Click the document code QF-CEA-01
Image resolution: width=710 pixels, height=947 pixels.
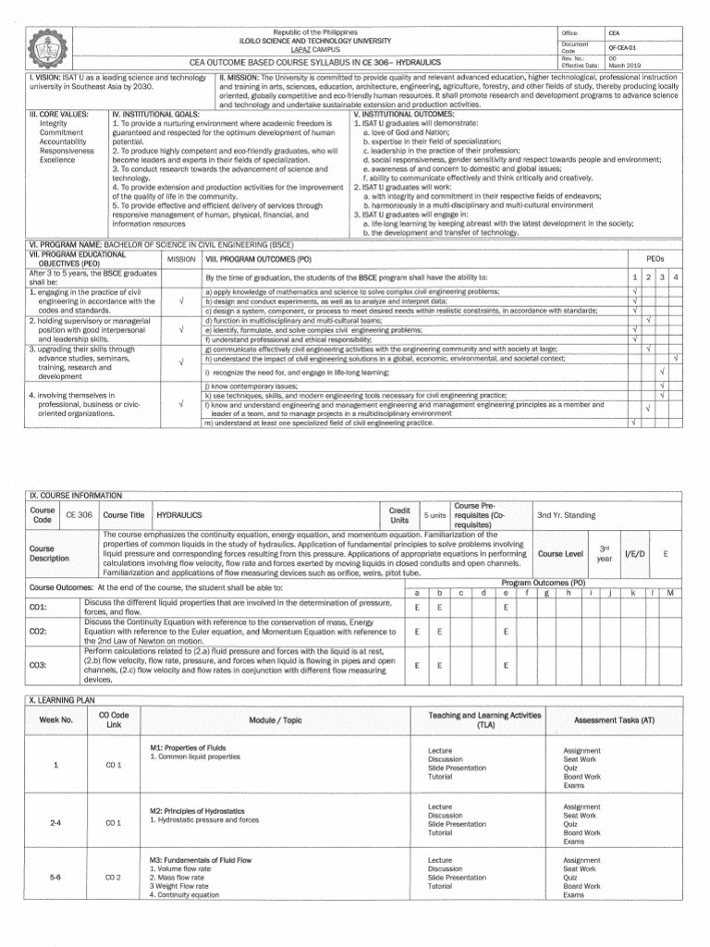pos(621,46)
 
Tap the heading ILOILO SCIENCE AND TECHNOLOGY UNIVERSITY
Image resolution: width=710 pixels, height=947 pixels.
pos(315,41)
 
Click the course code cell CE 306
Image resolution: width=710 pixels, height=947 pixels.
pos(79,515)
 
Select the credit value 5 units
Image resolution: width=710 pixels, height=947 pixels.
pos(434,515)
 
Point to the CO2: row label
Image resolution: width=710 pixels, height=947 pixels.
pos(39,632)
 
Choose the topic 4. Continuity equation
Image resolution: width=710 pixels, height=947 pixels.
pos(184,895)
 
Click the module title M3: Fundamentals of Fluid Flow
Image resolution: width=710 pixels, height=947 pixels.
pos(201,860)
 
